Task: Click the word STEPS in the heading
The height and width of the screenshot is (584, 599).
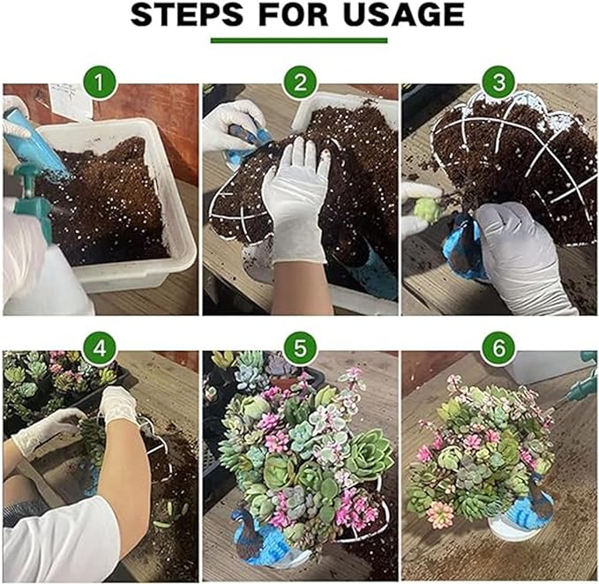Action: coord(186,15)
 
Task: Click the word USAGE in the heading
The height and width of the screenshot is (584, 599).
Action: coord(403,15)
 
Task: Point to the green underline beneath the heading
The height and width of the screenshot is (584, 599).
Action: coord(299,41)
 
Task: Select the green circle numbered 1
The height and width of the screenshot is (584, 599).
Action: coord(100,83)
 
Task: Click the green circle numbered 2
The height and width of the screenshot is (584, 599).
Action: coord(300,83)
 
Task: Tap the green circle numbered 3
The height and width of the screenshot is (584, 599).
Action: coord(499,83)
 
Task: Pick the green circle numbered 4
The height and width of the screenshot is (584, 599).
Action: coord(100,349)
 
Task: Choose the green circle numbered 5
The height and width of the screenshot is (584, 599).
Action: coord(300,349)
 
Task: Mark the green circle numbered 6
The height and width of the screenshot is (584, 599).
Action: coord(499,349)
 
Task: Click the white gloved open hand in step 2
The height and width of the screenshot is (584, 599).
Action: coord(296,198)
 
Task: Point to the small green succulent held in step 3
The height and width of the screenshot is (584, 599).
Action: coord(427,209)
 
